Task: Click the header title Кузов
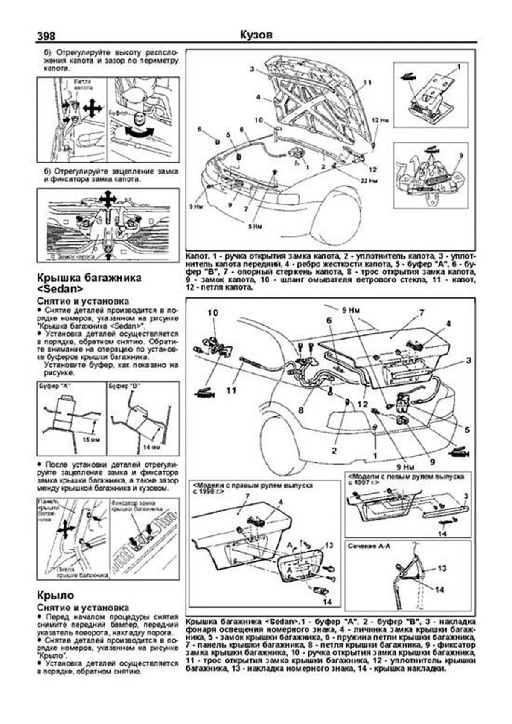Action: pos(256,35)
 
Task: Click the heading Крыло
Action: pos(55,595)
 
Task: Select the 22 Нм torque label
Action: pos(370,181)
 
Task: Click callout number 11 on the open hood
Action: pos(368,82)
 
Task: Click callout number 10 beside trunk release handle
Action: pos(212,313)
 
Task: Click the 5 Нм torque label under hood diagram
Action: pos(254,226)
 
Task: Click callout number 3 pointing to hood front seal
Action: pos(252,70)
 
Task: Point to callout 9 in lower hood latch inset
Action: pos(460,157)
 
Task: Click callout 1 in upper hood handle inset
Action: pos(459,67)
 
